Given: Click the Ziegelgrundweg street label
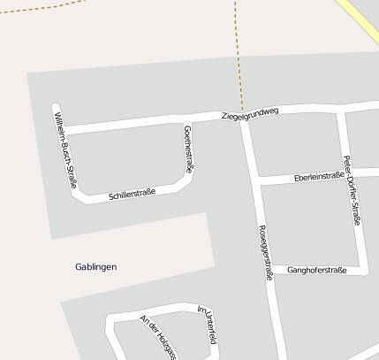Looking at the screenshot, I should pyautogui.click(x=250, y=114).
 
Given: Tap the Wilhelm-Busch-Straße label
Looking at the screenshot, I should pyautogui.click(x=64, y=149).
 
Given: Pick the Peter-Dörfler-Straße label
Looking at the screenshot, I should pyautogui.click(x=350, y=189).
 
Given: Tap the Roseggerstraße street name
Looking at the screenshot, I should pyautogui.click(x=264, y=252).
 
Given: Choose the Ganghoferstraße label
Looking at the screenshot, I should pyautogui.click(x=315, y=270).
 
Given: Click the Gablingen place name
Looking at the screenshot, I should pyautogui.click(x=96, y=266).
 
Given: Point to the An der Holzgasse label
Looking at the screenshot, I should pyautogui.click(x=158, y=336).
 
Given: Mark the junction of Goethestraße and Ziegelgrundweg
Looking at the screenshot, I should pyautogui.click(x=187, y=121).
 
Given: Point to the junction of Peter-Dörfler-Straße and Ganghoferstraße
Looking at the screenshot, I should pyautogui.click(x=364, y=269).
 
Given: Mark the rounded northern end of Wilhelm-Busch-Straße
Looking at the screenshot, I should pyautogui.click(x=57, y=108).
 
